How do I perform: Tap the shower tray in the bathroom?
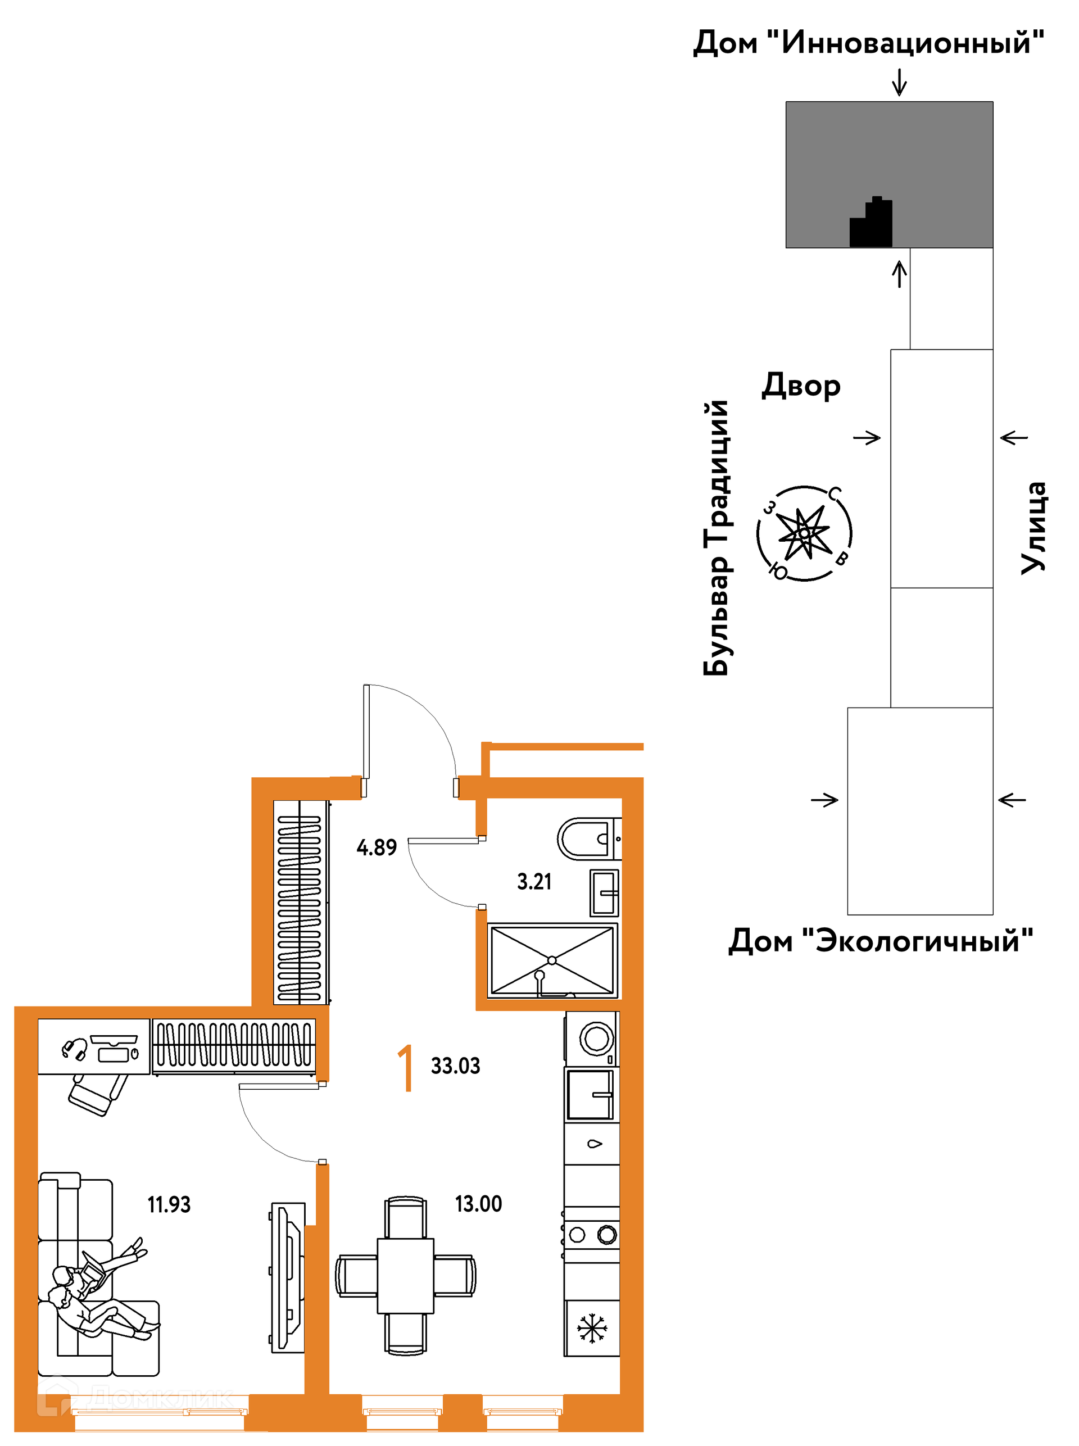coord(552,960)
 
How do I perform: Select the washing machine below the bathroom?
coord(592,1039)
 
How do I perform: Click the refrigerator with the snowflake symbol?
coord(592,1328)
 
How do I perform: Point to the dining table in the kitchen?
coord(406,1276)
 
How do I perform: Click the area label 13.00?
coord(478,1204)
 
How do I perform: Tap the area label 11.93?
coord(169,1204)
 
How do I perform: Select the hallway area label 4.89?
coord(376,847)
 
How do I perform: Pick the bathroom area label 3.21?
coord(534,881)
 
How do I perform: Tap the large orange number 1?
coord(406,1067)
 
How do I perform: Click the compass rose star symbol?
coord(804,533)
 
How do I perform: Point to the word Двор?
coord(801,386)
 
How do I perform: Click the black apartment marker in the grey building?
coord(871,222)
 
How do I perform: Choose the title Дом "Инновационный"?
coord(868,43)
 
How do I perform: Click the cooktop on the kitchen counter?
coord(592,1234)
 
